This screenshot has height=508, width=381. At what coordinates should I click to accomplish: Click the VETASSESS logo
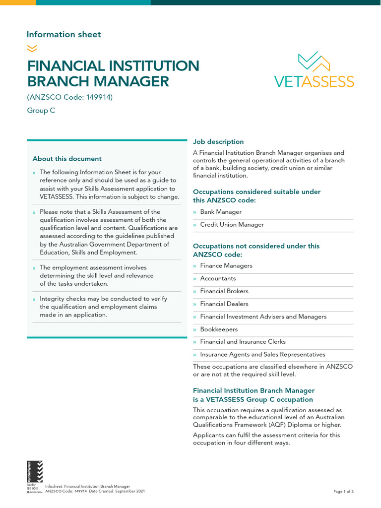click(315, 70)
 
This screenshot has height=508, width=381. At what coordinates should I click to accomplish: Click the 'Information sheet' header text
click(63, 34)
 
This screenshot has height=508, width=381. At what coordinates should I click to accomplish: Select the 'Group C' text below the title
click(41, 111)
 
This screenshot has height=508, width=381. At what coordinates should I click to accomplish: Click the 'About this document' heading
click(67, 159)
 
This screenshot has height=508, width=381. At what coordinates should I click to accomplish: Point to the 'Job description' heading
click(218, 142)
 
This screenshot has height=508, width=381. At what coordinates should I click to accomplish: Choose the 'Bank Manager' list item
click(221, 212)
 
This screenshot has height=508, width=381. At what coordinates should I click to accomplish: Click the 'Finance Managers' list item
click(226, 266)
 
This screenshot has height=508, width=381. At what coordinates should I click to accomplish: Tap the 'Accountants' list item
click(218, 278)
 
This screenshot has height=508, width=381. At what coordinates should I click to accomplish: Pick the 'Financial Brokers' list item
click(224, 291)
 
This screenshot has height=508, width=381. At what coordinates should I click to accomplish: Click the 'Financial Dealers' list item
click(224, 304)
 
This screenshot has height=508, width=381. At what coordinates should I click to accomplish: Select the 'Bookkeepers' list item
click(219, 329)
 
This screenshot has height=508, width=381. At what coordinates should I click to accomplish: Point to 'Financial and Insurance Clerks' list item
click(243, 342)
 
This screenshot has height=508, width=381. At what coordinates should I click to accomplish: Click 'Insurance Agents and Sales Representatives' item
click(262, 355)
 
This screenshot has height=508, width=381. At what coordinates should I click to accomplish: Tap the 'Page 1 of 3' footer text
click(343, 492)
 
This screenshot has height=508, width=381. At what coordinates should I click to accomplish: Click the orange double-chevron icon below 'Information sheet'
click(32, 48)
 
